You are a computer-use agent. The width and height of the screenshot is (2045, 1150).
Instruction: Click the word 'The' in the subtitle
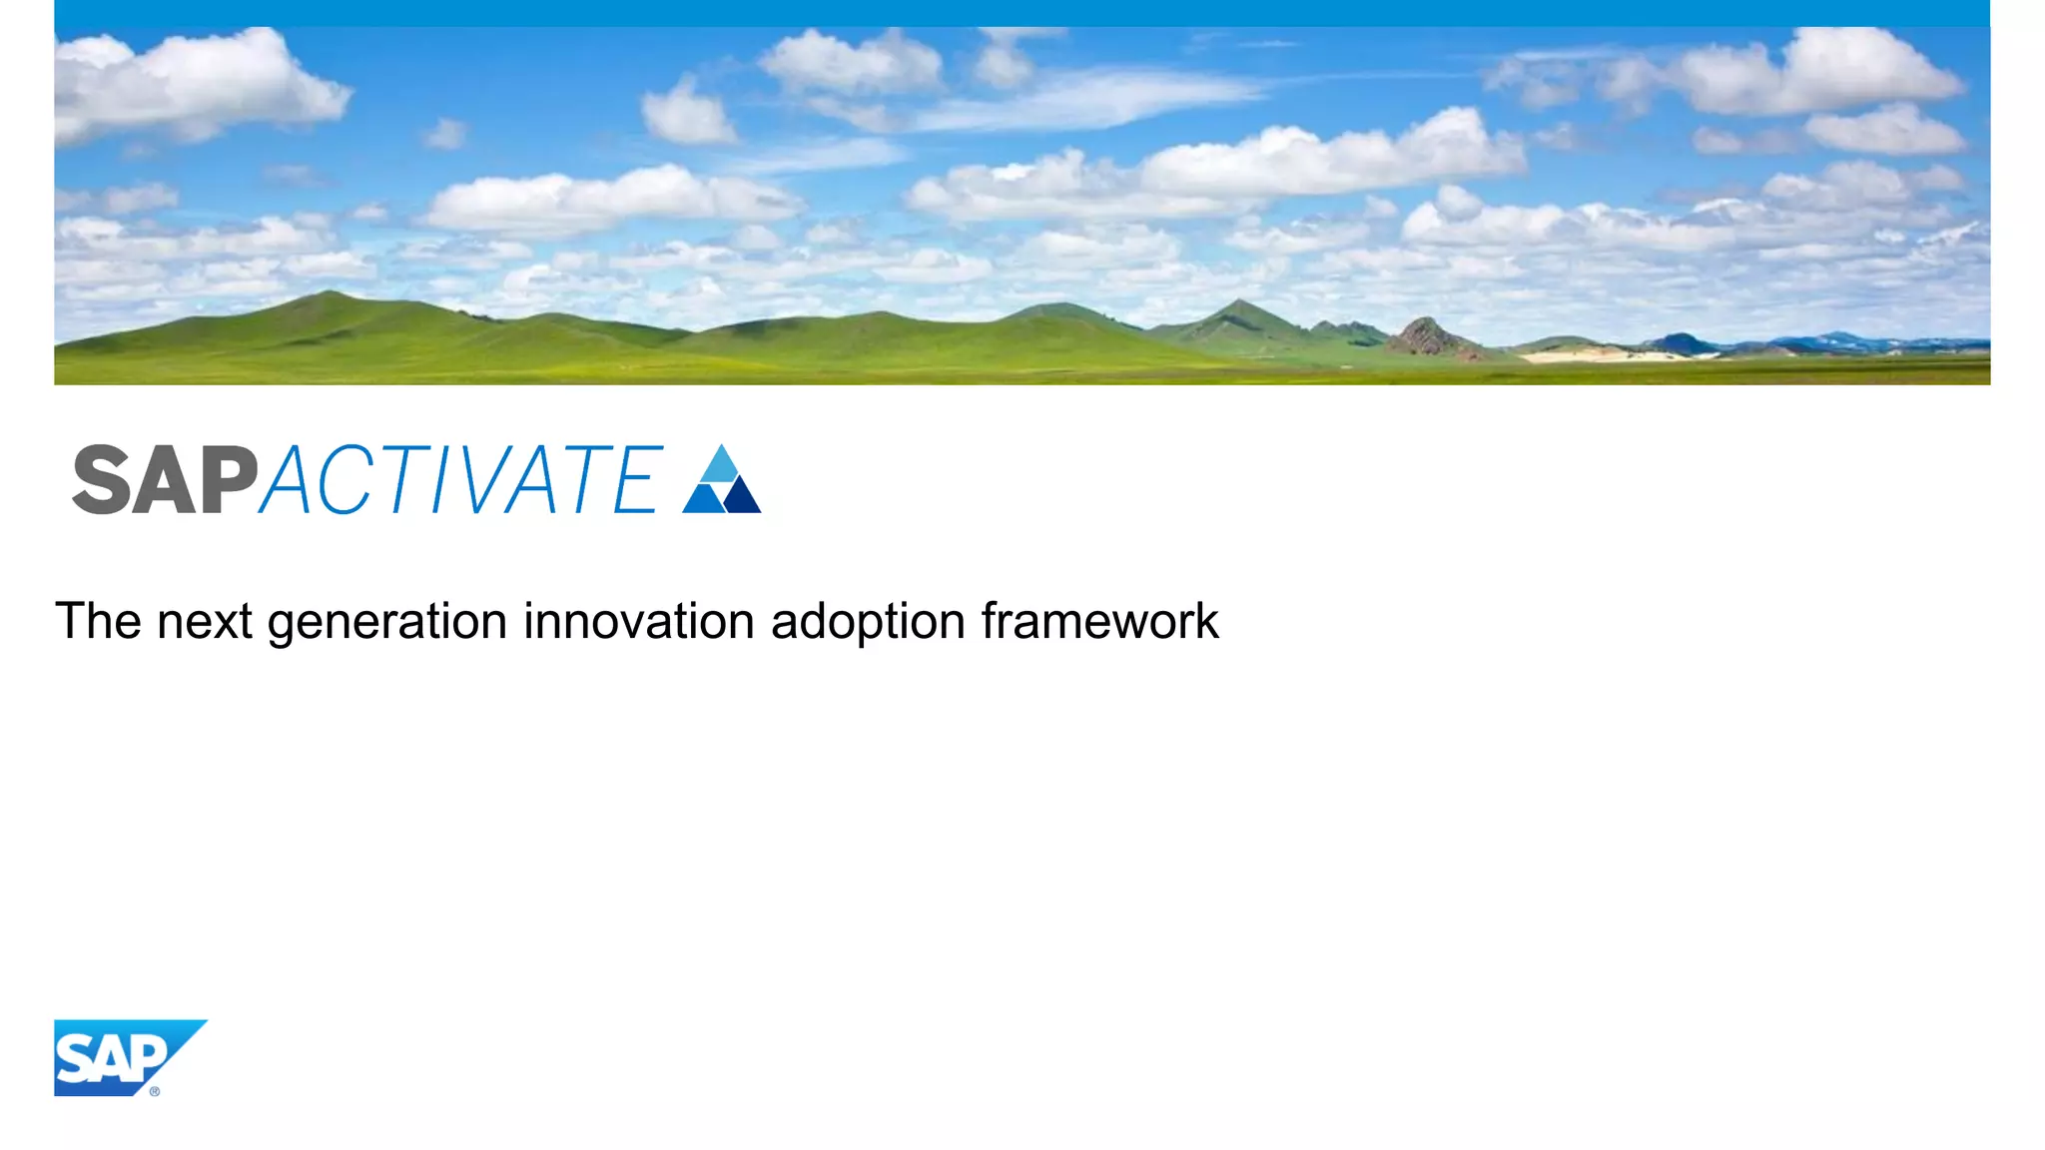(98, 621)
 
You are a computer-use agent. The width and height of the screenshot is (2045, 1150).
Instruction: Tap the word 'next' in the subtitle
(205, 621)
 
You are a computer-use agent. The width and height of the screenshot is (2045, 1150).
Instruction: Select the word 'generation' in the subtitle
(387, 623)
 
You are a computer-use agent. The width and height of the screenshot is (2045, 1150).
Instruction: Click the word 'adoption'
(868, 623)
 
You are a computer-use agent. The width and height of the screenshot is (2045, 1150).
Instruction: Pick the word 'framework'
(1099, 621)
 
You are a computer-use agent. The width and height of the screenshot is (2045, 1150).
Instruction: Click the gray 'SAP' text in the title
(165, 480)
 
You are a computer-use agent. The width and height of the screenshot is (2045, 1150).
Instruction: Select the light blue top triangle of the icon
(720, 465)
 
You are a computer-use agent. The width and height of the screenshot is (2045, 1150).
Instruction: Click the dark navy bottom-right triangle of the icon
(742, 498)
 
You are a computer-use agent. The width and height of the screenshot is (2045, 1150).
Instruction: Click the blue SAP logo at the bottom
(115, 1057)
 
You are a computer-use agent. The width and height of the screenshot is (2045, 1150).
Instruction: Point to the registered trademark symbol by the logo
(155, 1091)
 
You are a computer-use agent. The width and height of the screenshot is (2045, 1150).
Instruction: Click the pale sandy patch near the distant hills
(1588, 353)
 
